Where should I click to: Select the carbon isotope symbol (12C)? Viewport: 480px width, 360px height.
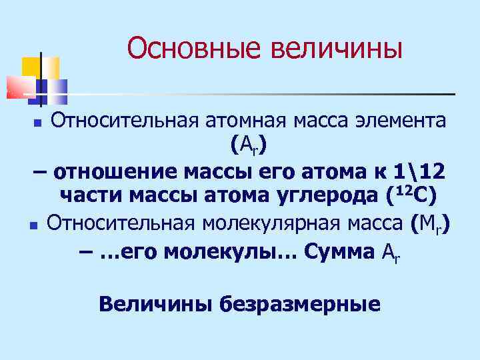pyautogui.click(x=411, y=195)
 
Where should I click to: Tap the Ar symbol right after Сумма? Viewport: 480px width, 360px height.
pyautogui.click(x=391, y=253)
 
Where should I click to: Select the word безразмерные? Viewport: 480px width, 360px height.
pyautogui.click(x=300, y=305)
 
